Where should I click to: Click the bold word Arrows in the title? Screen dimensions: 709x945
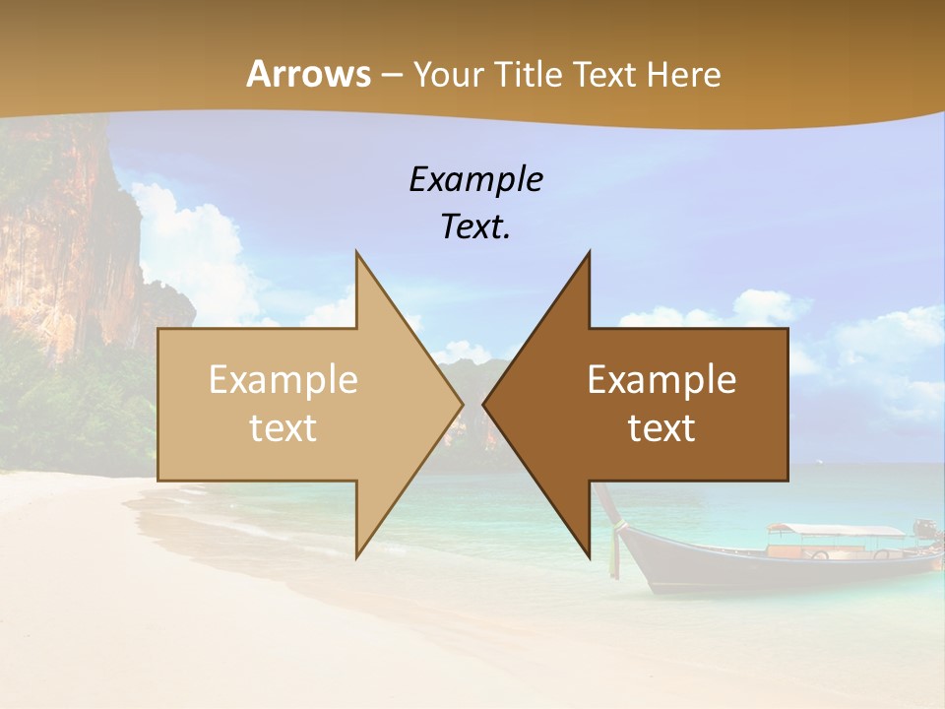(x=308, y=74)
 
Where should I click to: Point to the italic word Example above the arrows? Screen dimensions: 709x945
(x=475, y=180)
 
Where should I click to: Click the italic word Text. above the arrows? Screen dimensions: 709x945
(x=475, y=227)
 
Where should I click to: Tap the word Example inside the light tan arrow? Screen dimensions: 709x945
(x=283, y=380)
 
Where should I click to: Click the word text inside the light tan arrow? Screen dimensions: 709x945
(x=283, y=428)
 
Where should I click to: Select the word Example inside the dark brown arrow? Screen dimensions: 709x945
(x=661, y=380)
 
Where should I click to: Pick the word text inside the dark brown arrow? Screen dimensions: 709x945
(x=661, y=428)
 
